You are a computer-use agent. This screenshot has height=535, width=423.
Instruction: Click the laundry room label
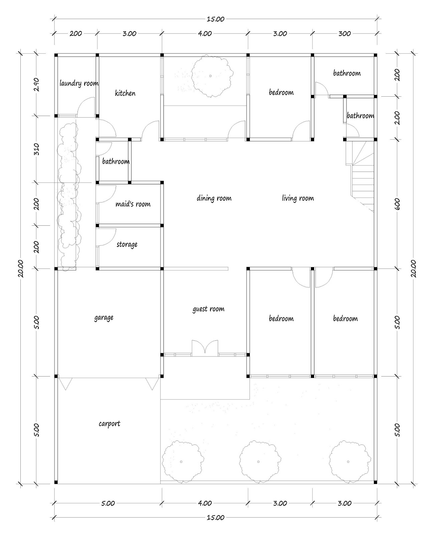tap(79, 83)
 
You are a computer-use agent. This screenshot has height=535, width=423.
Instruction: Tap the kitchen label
tap(125, 93)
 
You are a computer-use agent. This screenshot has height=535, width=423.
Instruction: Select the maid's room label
tap(133, 204)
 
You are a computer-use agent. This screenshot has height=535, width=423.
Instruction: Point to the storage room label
tap(127, 244)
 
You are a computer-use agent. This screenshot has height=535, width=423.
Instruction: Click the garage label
tap(104, 317)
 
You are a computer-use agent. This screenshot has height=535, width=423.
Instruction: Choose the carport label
tap(109, 424)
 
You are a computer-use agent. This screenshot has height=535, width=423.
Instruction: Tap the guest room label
tap(208, 309)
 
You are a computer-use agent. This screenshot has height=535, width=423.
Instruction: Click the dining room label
tap(214, 198)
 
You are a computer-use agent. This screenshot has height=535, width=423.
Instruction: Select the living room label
tap(298, 198)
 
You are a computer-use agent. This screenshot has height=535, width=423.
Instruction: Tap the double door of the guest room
tap(205, 348)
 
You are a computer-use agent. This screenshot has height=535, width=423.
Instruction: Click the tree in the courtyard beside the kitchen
tap(211, 76)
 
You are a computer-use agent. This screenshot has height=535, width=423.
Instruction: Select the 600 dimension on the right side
tap(397, 204)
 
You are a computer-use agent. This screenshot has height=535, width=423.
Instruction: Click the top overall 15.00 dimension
tap(215, 19)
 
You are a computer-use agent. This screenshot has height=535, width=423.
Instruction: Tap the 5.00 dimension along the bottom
tap(108, 503)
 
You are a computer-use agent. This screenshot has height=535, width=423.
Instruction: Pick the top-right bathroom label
tap(347, 73)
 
